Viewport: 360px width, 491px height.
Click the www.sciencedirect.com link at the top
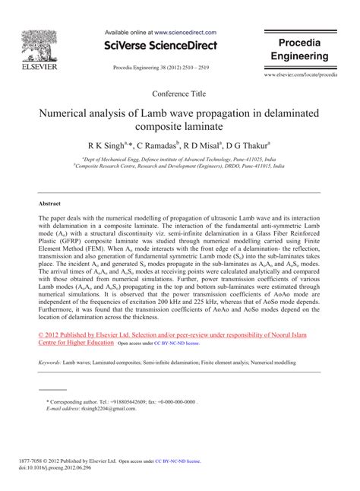186,33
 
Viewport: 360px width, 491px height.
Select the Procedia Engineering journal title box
302,49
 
